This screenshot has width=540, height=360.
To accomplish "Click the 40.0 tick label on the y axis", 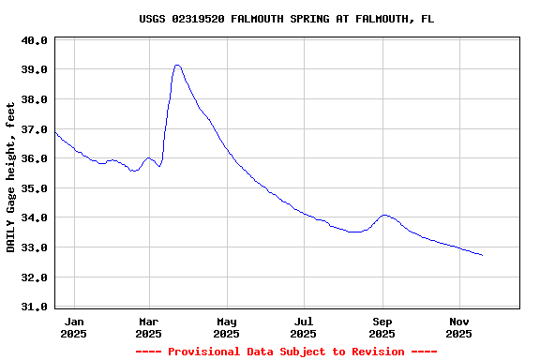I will (35, 40).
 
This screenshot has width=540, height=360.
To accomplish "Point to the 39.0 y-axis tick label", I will (35, 69).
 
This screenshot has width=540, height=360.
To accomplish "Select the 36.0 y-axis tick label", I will (35, 158).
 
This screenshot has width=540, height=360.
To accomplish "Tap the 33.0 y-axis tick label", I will (35, 247).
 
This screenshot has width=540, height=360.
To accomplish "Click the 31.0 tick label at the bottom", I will (35, 307).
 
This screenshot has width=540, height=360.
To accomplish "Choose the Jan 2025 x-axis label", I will (73, 327).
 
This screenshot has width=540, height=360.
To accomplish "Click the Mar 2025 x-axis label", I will (149, 327).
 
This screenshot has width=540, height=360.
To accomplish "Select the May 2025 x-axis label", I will (226, 327).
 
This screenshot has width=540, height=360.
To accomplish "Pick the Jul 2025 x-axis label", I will (303, 327).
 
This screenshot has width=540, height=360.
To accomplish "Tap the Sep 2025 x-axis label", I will (382, 327).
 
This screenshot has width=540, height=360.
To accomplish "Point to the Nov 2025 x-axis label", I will (458, 327).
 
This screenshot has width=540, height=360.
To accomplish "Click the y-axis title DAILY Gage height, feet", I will (11, 177).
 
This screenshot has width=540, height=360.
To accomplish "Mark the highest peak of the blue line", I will (177, 65).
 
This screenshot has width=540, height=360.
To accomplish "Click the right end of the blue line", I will (483, 255).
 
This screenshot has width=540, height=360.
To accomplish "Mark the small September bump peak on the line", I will (384, 215).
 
